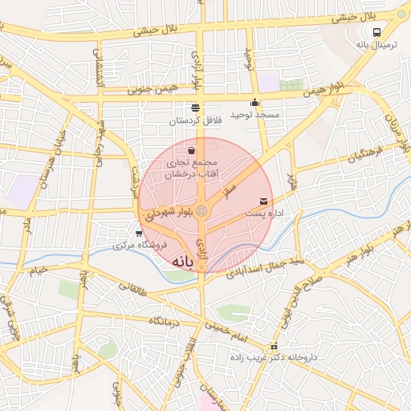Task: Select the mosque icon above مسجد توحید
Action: [x=255, y=102]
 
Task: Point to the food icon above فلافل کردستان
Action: [x=194, y=107]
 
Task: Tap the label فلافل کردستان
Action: [x=193, y=120]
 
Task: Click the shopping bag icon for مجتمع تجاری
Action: [x=191, y=149]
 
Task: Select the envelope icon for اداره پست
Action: [x=264, y=201]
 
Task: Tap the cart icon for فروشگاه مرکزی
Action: [x=140, y=234]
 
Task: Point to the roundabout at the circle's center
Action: [x=202, y=211]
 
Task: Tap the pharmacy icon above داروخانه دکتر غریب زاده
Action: [x=275, y=346]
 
